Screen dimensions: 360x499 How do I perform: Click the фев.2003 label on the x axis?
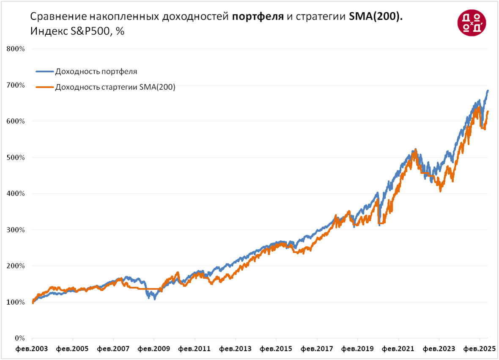[x=32, y=349]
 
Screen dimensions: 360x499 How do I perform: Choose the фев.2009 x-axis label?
[x=154, y=349]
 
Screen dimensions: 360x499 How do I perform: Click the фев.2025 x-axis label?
[x=480, y=349]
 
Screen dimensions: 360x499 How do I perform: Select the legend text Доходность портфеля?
[x=96, y=71]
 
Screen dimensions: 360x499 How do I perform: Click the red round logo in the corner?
[x=471, y=22]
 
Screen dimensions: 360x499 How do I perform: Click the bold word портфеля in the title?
[x=258, y=17]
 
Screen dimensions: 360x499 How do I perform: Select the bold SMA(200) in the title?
[x=376, y=17]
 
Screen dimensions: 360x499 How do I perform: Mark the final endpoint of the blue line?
[x=488, y=90]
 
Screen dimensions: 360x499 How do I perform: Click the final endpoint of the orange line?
[x=488, y=112]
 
